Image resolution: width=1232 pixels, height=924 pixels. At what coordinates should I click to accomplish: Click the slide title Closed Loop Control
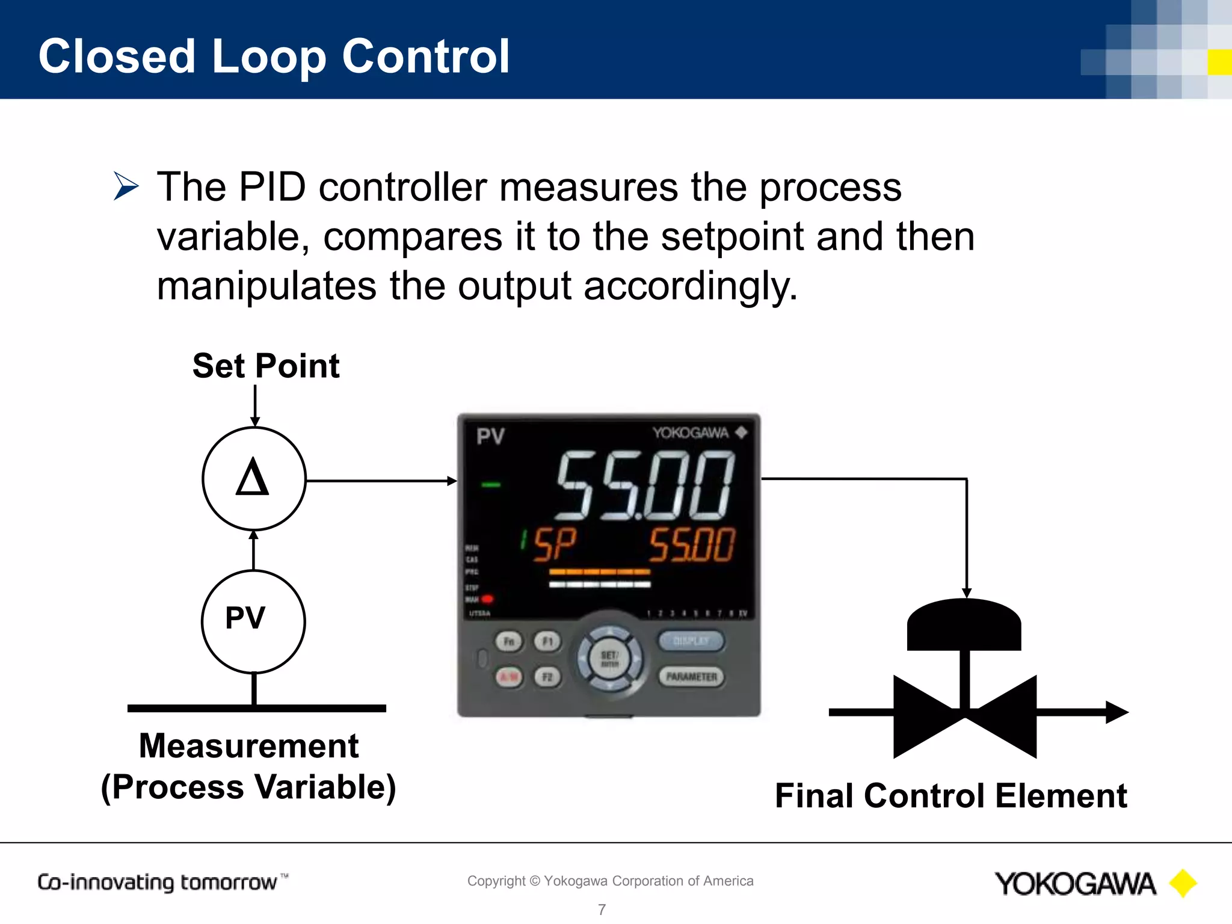pyautogui.click(x=274, y=56)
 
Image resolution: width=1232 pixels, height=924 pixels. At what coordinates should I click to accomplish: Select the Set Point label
pyautogui.click(x=266, y=366)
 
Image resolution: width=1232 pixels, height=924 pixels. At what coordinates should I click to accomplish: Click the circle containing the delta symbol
pyautogui.click(x=254, y=479)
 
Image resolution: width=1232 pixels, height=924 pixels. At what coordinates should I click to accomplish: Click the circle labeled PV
pyautogui.click(x=253, y=621)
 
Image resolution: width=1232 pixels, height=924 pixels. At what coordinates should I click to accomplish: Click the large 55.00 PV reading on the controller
pyautogui.click(x=644, y=486)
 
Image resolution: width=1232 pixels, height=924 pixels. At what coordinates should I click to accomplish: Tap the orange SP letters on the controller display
pyautogui.click(x=554, y=544)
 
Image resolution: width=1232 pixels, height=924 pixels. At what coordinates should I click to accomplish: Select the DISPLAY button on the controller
pyautogui.click(x=691, y=641)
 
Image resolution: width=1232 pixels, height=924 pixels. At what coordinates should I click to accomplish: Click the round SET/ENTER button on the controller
pyautogui.click(x=609, y=658)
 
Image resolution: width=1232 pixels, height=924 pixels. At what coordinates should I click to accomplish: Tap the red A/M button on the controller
pyautogui.click(x=509, y=677)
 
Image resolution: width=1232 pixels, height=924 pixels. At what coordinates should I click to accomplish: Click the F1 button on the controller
pyautogui.click(x=547, y=641)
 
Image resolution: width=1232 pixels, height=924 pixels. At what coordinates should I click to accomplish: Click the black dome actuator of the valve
pyautogui.click(x=964, y=625)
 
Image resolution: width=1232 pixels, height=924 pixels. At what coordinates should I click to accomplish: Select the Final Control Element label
pyautogui.click(x=950, y=795)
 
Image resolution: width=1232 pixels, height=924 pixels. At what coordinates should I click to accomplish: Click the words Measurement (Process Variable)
pyautogui.click(x=248, y=766)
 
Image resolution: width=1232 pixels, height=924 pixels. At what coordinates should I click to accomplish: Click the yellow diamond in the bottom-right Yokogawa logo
pyautogui.click(x=1183, y=884)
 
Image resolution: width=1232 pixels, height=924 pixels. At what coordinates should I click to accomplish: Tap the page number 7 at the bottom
pyautogui.click(x=602, y=909)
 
